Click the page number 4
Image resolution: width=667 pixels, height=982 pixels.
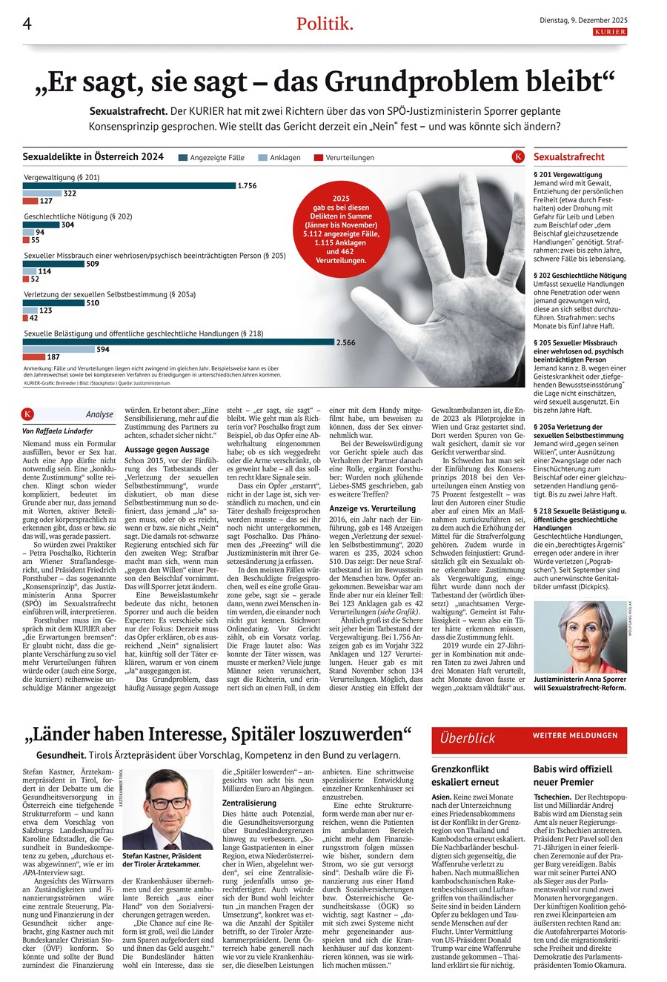click(x=27, y=24)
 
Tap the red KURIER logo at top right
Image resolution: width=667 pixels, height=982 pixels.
click(x=610, y=33)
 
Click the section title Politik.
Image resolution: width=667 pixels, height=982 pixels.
click(x=325, y=24)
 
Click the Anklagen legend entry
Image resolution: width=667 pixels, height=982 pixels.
click(x=279, y=158)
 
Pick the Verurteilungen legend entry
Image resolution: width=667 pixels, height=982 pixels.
click(x=344, y=158)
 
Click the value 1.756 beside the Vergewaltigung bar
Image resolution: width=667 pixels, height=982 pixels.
click(x=247, y=185)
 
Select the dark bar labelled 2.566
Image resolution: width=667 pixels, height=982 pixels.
click(x=179, y=342)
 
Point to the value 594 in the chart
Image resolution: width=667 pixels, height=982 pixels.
click(x=103, y=349)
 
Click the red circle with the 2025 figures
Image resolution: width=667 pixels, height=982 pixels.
click(x=340, y=229)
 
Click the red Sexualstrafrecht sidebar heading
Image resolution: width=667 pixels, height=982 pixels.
click(x=568, y=157)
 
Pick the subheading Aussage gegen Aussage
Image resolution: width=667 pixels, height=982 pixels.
click(x=167, y=449)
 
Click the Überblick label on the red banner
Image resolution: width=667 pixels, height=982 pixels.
click(x=467, y=737)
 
